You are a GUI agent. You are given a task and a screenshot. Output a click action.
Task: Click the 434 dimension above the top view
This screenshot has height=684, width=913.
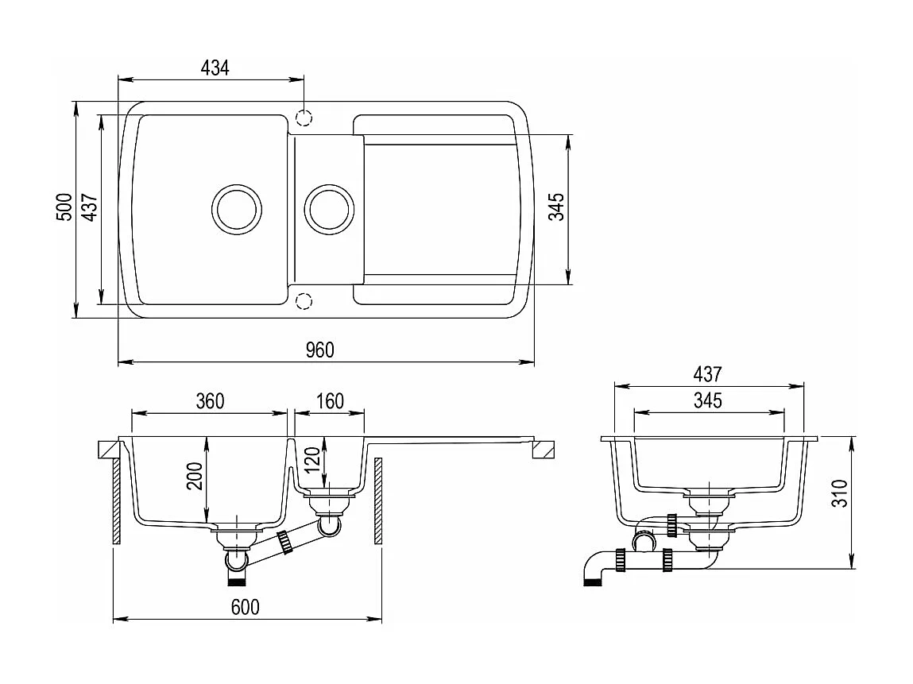point(215,68)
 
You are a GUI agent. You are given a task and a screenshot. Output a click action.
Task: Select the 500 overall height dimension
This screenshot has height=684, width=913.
point(64,207)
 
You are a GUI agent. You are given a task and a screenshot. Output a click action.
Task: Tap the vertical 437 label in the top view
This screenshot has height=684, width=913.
point(89,207)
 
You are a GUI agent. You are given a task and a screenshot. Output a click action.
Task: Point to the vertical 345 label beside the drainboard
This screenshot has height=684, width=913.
point(556,207)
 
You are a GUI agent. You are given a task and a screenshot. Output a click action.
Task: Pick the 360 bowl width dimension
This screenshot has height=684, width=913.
point(210,401)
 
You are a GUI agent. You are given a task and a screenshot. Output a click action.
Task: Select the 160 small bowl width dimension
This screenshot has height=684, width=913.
point(329,401)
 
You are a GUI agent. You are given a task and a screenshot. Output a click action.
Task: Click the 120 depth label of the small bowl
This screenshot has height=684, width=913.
point(311,461)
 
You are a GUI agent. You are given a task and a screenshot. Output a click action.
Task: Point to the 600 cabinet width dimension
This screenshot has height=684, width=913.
point(245,607)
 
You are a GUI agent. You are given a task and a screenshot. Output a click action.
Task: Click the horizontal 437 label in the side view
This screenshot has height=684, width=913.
point(706,373)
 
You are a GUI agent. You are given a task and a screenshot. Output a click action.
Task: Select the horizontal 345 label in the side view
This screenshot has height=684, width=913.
point(706,400)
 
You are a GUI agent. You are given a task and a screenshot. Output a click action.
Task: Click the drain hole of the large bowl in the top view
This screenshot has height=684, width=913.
point(236,210)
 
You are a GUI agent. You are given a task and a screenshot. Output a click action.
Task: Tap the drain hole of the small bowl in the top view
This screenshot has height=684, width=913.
point(329,210)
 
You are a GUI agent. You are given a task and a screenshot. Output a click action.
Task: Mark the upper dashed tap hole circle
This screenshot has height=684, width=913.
point(304,118)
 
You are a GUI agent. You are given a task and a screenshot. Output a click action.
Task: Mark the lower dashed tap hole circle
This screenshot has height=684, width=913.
point(303,299)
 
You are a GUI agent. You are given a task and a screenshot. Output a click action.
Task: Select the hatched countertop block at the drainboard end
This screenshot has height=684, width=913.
point(544,450)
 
